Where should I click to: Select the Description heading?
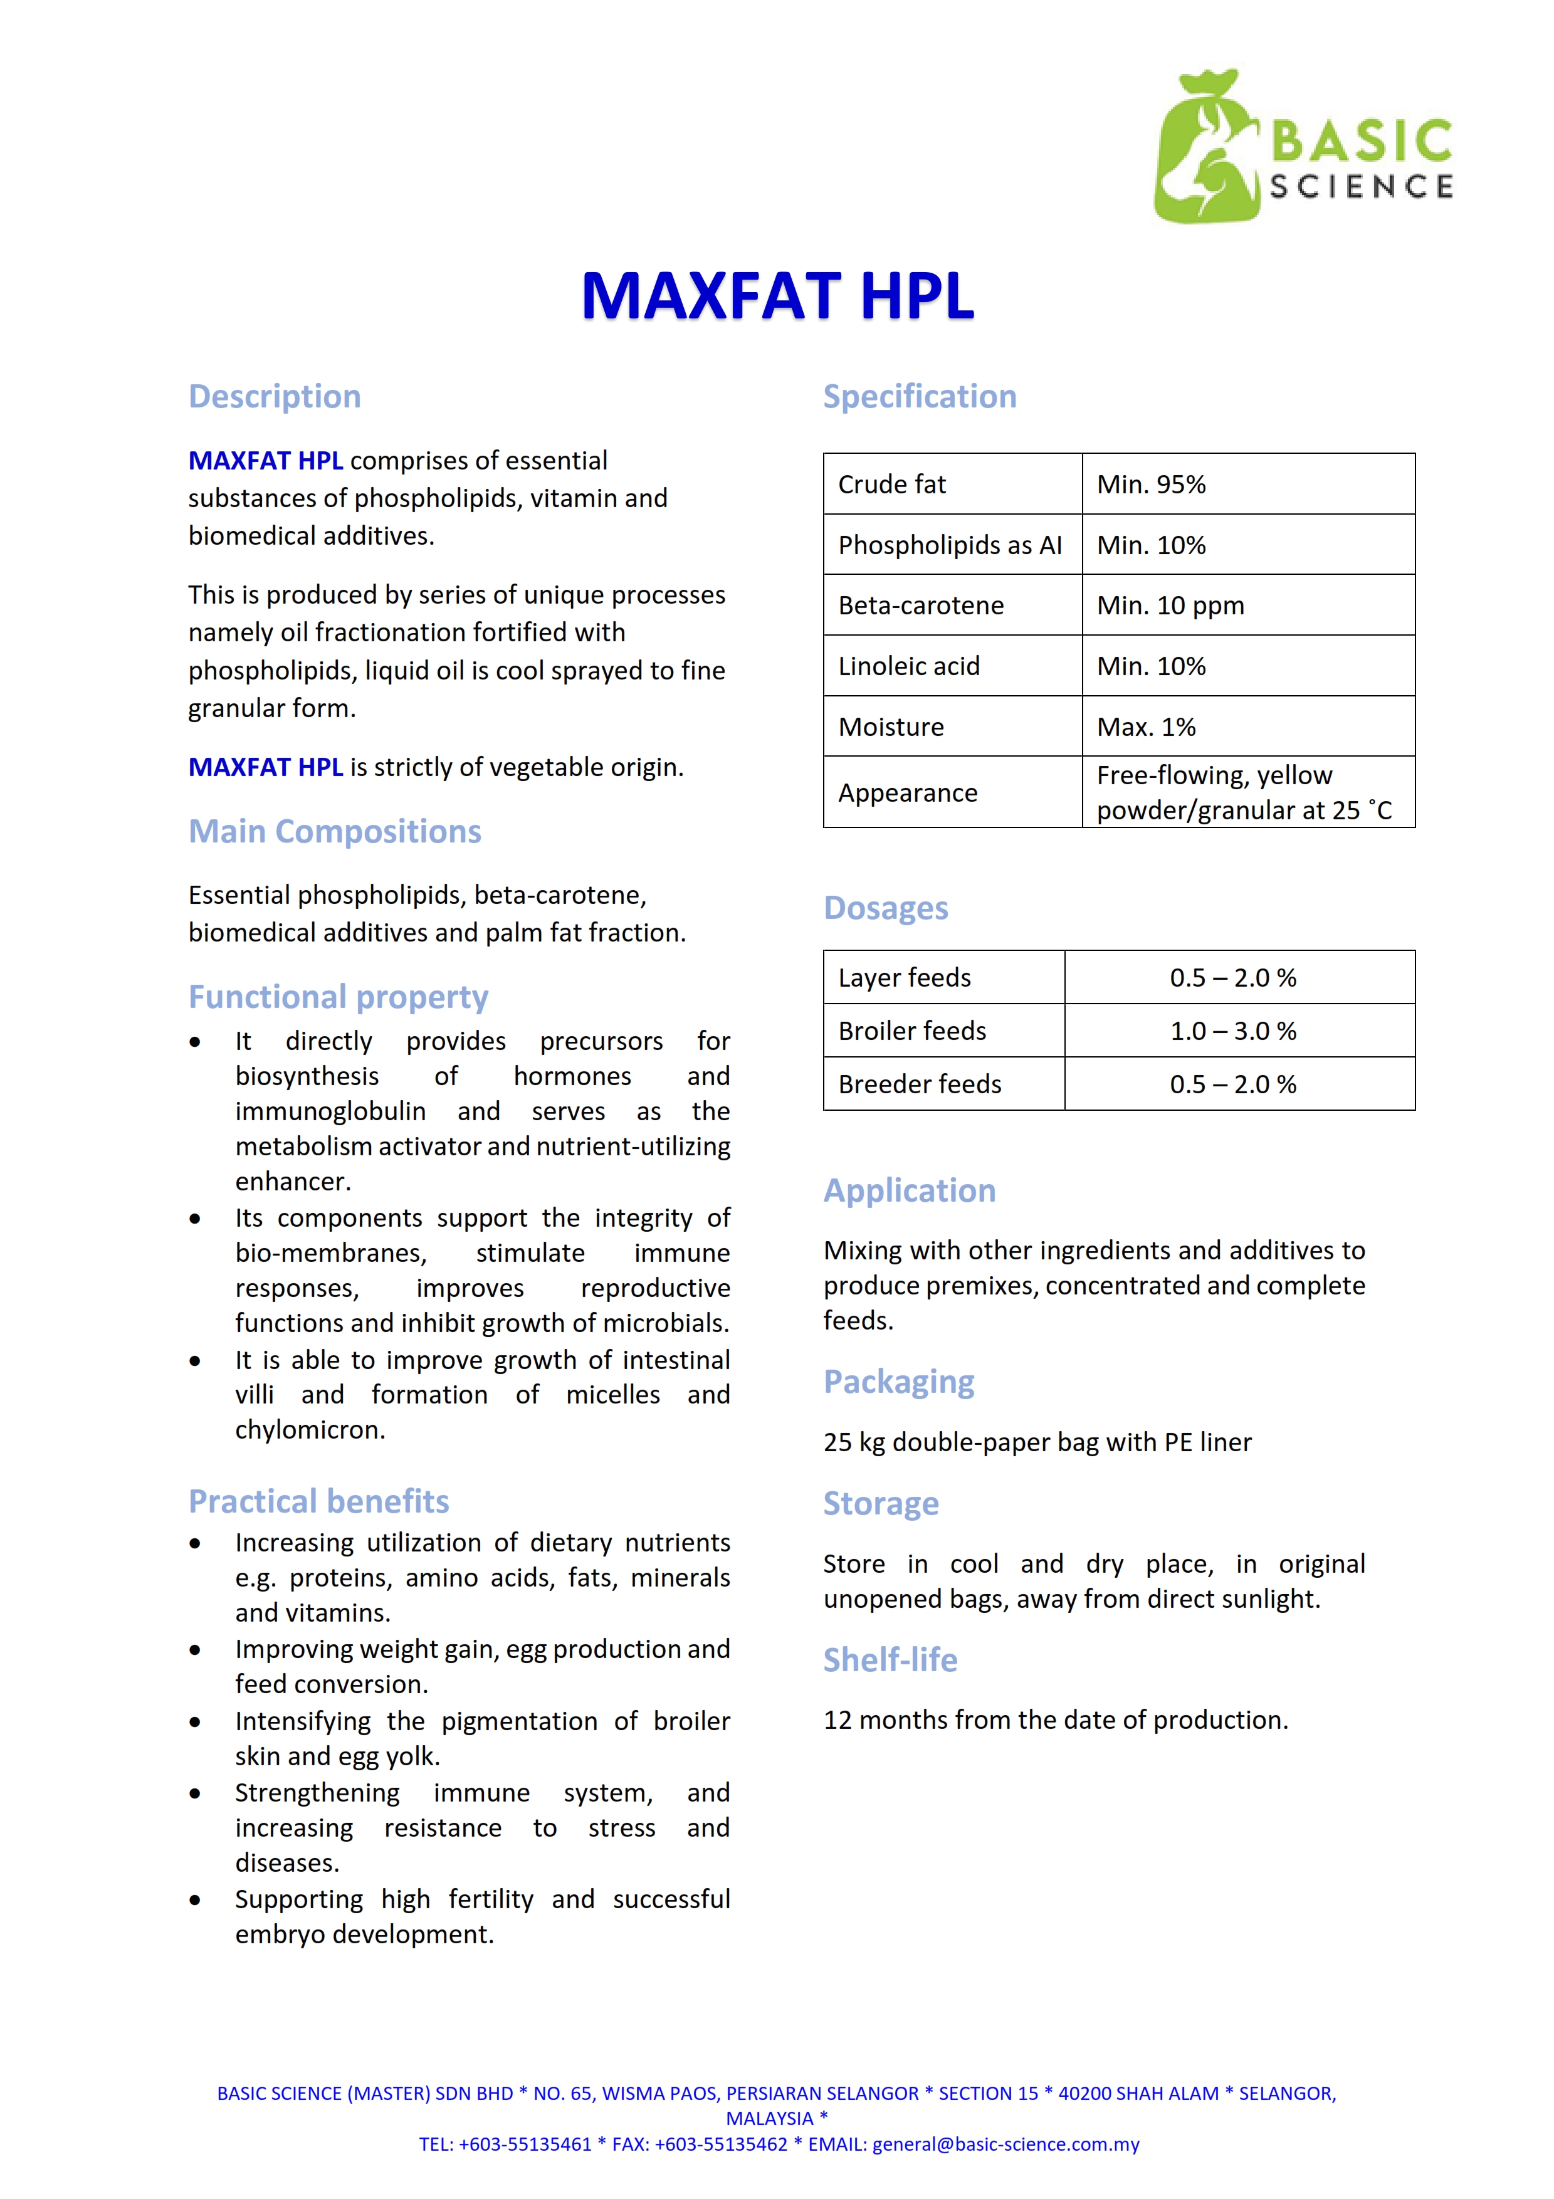pyautogui.click(x=275, y=397)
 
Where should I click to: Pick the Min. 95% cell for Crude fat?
pyautogui.click(x=1151, y=485)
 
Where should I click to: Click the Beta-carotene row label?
pyautogui.click(x=920, y=606)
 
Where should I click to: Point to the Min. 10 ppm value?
pyautogui.click(x=1170, y=606)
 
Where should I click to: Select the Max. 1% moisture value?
pyautogui.click(x=1146, y=727)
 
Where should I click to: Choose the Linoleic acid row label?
pyautogui.click(x=909, y=666)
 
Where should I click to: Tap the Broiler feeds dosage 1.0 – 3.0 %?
pyautogui.click(x=1232, y=1032)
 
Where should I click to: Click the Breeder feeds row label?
pyautogui.click(x=919, y=1084)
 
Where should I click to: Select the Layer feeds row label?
pyautogui.click(x=904, y=978)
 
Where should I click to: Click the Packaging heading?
pyautogui.click(x=898, y=1382)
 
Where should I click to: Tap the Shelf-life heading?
pyautogui.click(x=890, y=1660)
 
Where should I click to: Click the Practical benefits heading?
pyautogui.click(x=319, y=1502)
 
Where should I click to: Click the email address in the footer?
pyautogui.click(x=1005, y=2144)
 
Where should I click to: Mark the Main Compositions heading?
pyautogui.click(x=334, y=831)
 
